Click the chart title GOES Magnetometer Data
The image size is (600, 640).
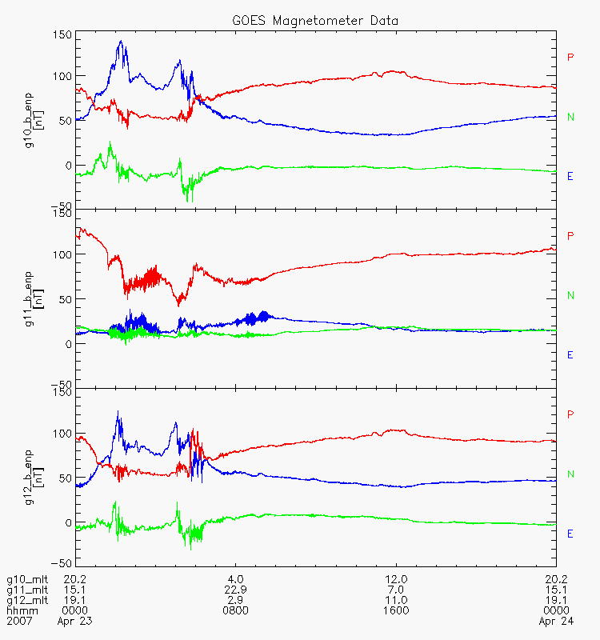click(x=315, y=21)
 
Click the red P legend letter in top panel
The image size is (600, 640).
click(x=570, y=57)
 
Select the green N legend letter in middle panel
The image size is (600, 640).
click(x=570, y=295)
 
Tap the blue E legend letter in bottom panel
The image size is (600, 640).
click(x=570, y=534)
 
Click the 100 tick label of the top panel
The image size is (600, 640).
click(x=62, y=76)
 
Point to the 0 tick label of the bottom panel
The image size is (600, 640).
click(x=68, y=523)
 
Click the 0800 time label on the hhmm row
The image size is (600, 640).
click(x=235, y=610)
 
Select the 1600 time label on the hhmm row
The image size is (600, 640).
click(x=396, y=610)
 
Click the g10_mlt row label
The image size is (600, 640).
click(x=27, y=579)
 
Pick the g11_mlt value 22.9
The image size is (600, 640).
click(x=235, y=590)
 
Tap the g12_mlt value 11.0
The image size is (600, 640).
click(x=396, y=601)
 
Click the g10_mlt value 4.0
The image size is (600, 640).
click(x=235, y=579)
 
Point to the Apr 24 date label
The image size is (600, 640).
click(x=556, y=622)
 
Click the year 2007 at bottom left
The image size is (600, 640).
click(x=19, y=622)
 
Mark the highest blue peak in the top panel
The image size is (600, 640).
click(x=121, y=41)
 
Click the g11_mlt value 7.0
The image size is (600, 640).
click(x=396, y=590)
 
